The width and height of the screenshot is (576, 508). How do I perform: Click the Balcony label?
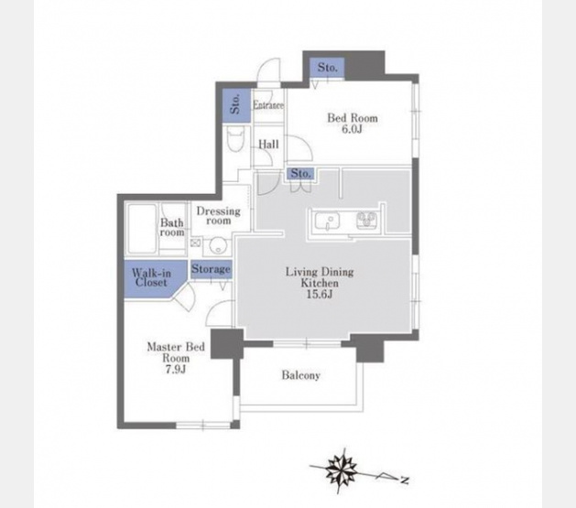click(x=301, y=375)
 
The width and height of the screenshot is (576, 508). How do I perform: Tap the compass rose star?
click(x=342, y=469)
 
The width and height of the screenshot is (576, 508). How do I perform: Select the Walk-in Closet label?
click(x=151, y=278)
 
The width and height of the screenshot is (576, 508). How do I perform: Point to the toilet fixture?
click(x=234, y=139)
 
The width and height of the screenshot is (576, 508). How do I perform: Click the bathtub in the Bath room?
click(x=142, y=229)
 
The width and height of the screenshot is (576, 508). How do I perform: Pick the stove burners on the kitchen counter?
click(x=366, y=221)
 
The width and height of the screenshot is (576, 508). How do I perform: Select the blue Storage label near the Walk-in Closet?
click(x=211, y=269)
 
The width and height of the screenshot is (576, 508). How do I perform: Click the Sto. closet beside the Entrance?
click(x=236, y=105)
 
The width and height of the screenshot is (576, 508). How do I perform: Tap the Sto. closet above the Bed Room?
click(x=327, y=68)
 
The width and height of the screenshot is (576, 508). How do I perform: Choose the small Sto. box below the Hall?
click(x=301, y=173)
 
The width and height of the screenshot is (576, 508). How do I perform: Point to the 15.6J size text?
click(x=320, y=294)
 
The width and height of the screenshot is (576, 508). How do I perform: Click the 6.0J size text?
click(x=353, y=129)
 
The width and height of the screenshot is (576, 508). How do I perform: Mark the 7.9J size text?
click(x=175, y=369)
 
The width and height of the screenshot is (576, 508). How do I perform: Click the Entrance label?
click(x=268, y=105)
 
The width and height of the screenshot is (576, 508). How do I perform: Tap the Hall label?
click(x=268, y=145)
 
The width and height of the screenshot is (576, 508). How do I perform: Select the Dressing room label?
click(x=219, y=216)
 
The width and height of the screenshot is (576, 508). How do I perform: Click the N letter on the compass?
click(x=405, y=480)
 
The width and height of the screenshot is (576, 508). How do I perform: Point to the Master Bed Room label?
click(x=176, y=352)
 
